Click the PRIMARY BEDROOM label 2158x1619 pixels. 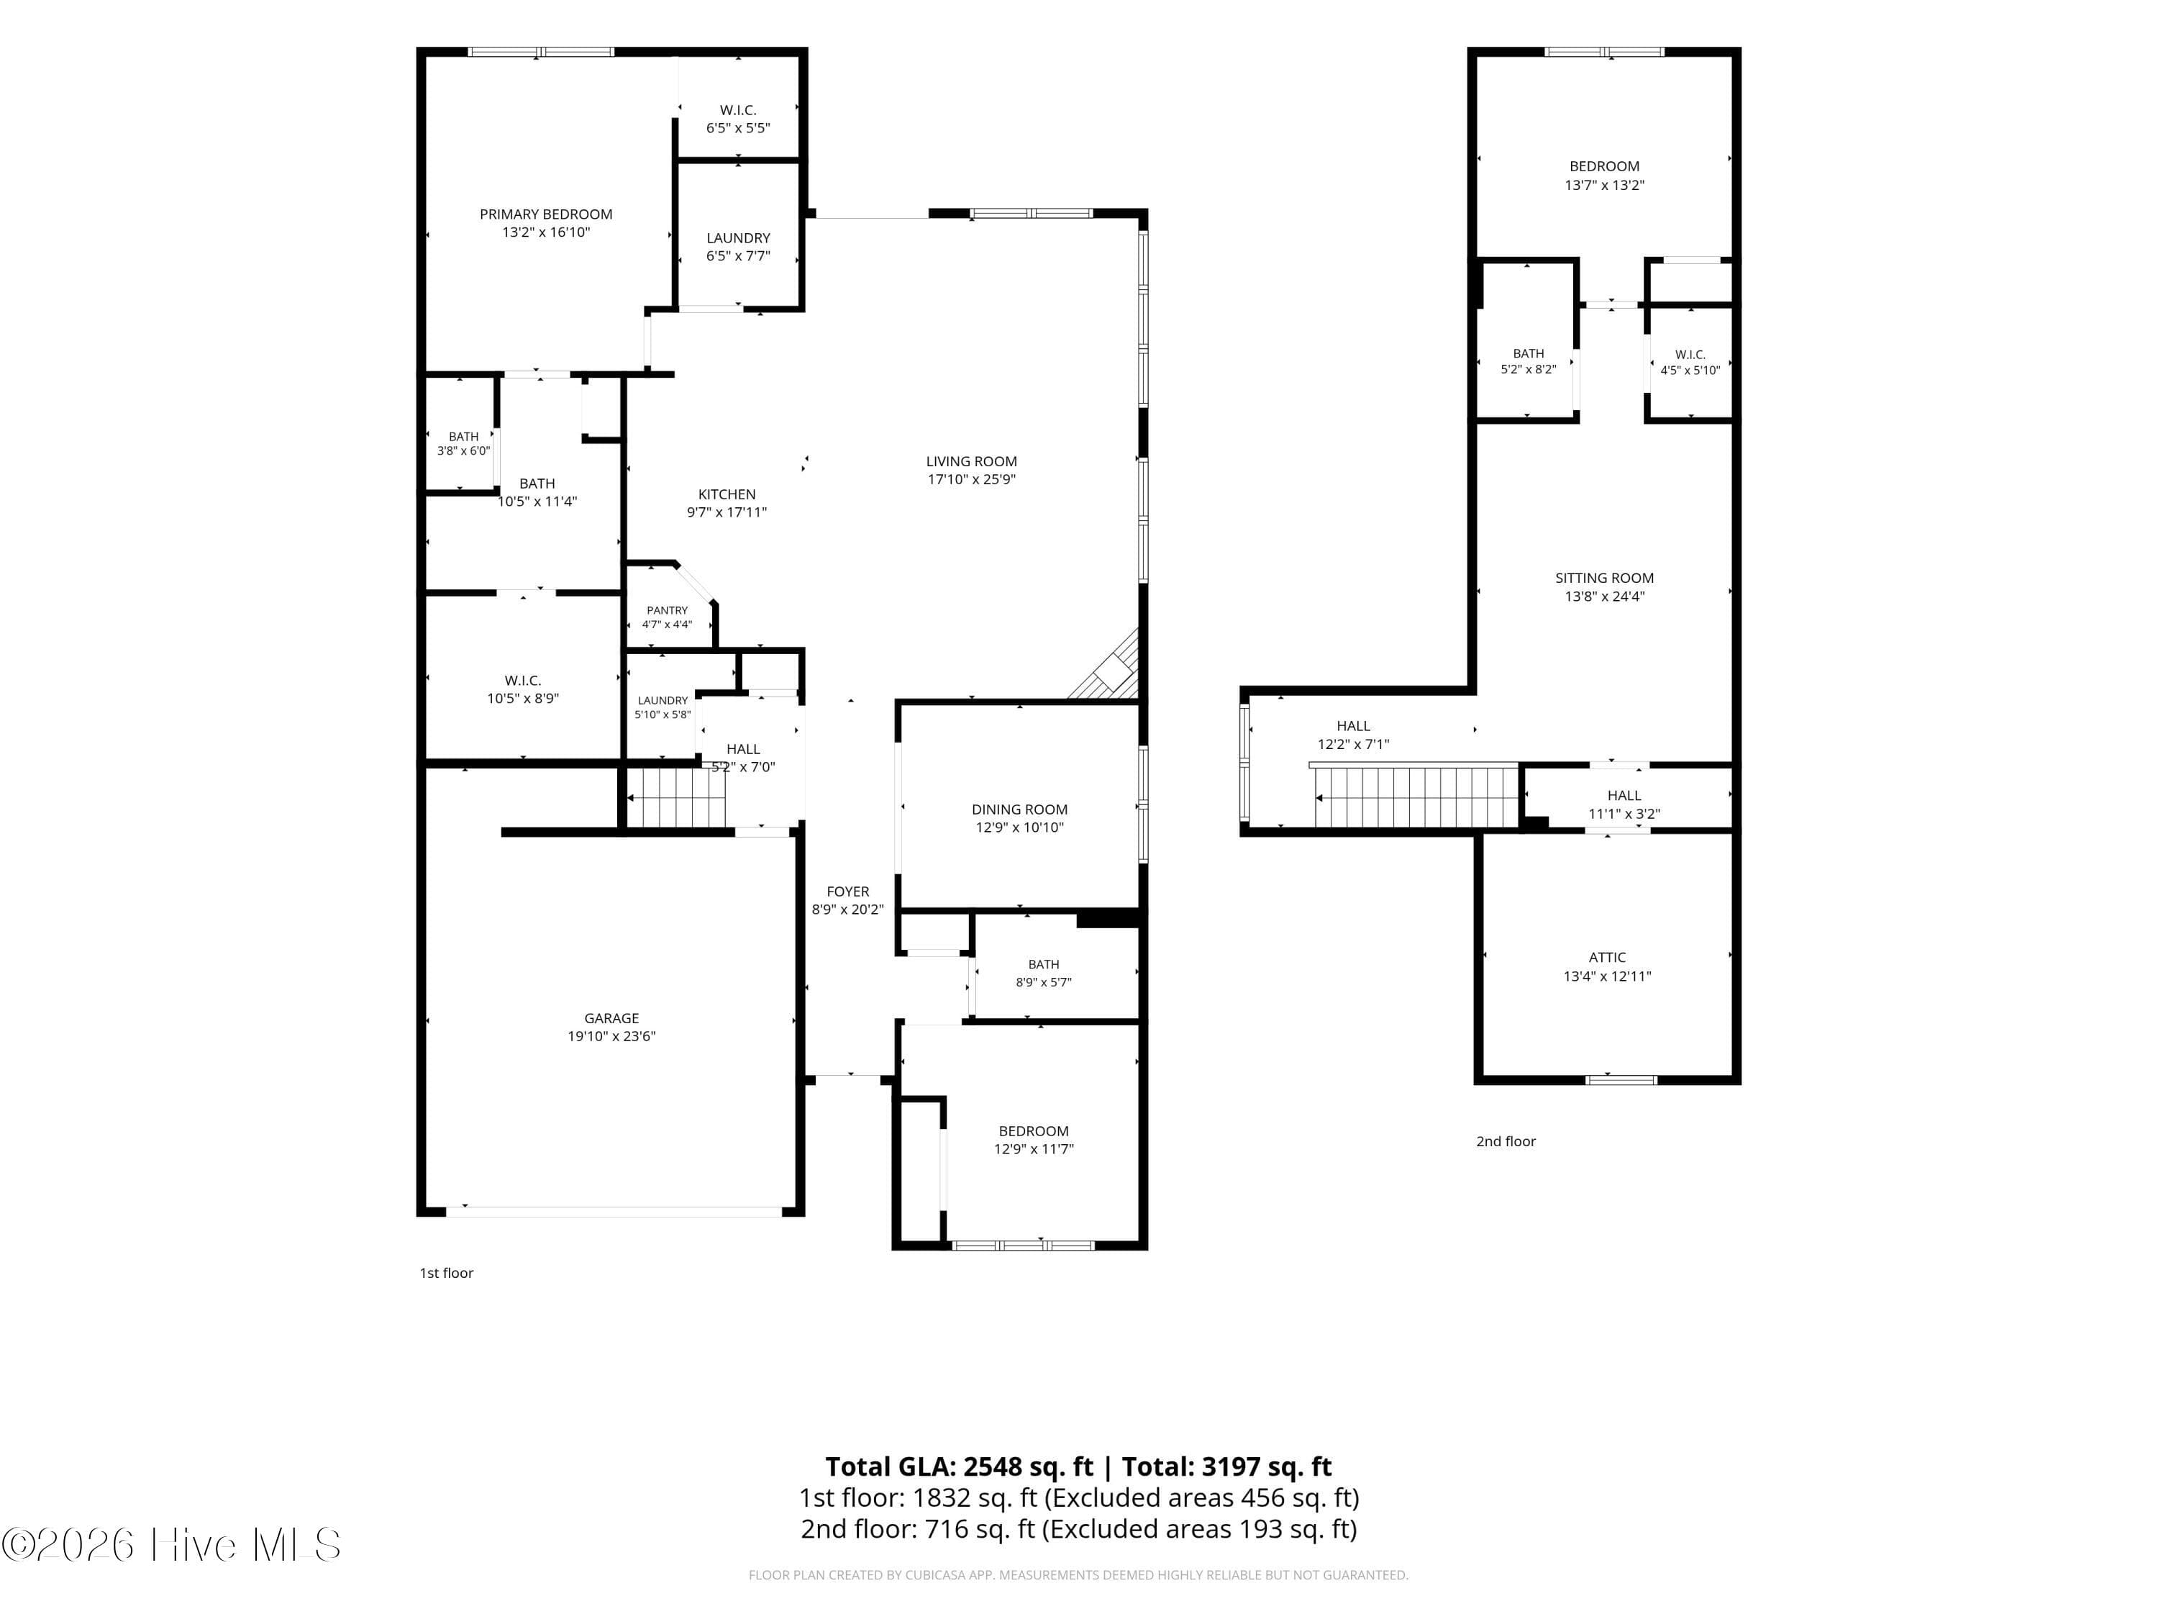[545, 214]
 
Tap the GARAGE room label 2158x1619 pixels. [611, 1018]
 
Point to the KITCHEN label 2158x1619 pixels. [727, 494]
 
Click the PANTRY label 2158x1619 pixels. [668, 610]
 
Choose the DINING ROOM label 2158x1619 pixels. [1019, 809]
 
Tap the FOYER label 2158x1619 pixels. [848, 891]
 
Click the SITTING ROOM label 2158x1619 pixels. [1605, 578]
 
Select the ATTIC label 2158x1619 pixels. [1607, 957]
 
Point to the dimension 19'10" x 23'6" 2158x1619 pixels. [611, 1036]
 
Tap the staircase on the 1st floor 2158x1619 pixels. [677, 797]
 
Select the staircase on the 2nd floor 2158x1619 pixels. [1415, 797]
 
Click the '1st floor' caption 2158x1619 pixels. [446, 1273]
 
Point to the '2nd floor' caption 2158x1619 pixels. [1506, 1140]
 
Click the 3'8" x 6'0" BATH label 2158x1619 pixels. [463, 444]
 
